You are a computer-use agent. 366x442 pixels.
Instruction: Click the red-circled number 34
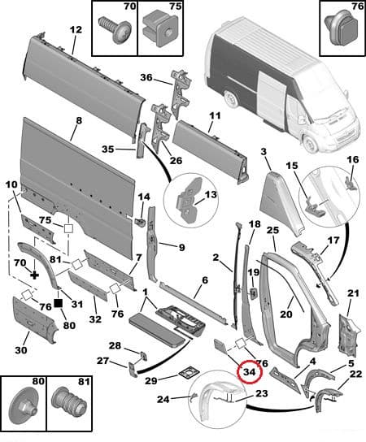249,373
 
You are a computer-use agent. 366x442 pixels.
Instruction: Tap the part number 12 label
75,30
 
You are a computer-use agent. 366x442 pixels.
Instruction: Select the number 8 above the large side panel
79,122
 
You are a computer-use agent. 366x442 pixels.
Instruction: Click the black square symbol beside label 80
59,304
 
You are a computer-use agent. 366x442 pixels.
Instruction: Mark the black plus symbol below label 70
34,276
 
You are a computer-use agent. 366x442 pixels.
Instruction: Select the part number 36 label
146,78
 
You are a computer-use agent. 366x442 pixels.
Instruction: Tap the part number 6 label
205,280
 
